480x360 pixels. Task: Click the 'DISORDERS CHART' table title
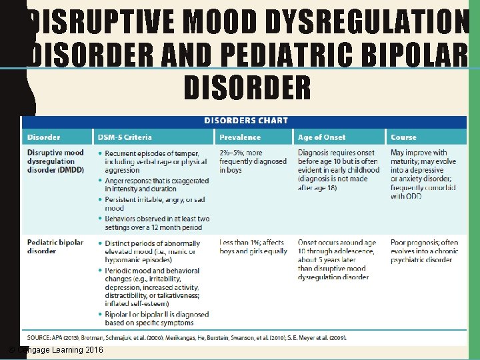point(245,121)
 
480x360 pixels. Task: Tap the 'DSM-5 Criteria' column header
point(125,137)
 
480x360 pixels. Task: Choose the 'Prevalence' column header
point(240,137)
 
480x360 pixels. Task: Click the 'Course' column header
point(403,137)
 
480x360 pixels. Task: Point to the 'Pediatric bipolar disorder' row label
point(55,247)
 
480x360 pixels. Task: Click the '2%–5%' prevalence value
point(231,153)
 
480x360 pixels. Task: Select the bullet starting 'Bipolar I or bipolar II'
point(157,319)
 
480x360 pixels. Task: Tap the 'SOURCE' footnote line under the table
point(187,338)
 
